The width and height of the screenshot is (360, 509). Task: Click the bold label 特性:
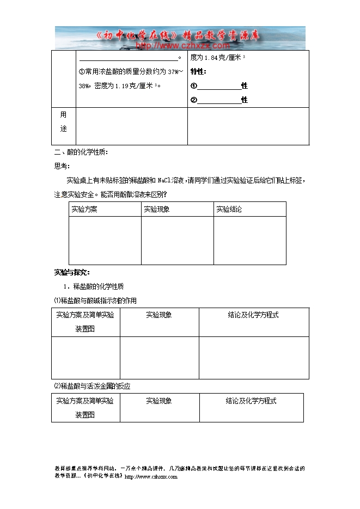pos(198,71)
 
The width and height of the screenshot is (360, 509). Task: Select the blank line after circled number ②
pos(219,100)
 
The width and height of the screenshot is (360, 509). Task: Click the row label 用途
pos(63,121)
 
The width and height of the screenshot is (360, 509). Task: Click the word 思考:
pos(62,167)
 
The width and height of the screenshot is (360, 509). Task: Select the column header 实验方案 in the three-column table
pos(84,210)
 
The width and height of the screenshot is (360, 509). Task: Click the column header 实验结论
pos(229,210)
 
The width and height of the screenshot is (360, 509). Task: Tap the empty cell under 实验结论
pos(249,240)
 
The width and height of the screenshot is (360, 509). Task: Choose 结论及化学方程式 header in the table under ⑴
pos(253,315)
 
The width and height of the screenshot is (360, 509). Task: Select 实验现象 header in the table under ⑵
pos(159,401)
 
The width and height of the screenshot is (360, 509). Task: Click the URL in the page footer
pos(151,477)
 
